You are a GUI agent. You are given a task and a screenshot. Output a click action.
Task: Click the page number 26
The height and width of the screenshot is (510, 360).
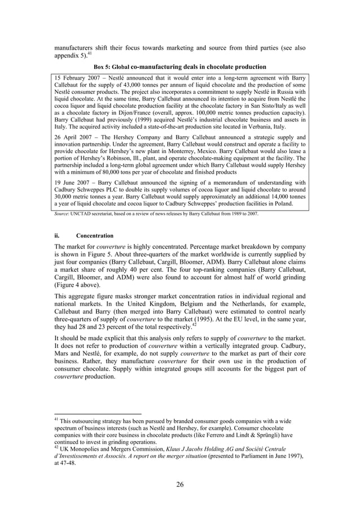pyautogui.click(x=180, y=483)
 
